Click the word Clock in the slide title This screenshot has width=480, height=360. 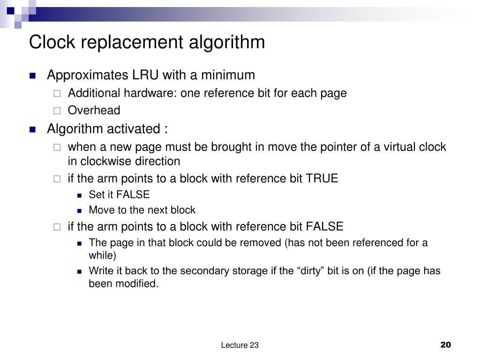[52, 42]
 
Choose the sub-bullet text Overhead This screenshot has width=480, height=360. [94, 110]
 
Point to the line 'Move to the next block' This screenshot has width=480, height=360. [142, 210]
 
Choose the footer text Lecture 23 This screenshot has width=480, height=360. [240, 345]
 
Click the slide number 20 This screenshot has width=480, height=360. [445, 345]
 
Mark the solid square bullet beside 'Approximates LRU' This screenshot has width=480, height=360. [32, 76]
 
